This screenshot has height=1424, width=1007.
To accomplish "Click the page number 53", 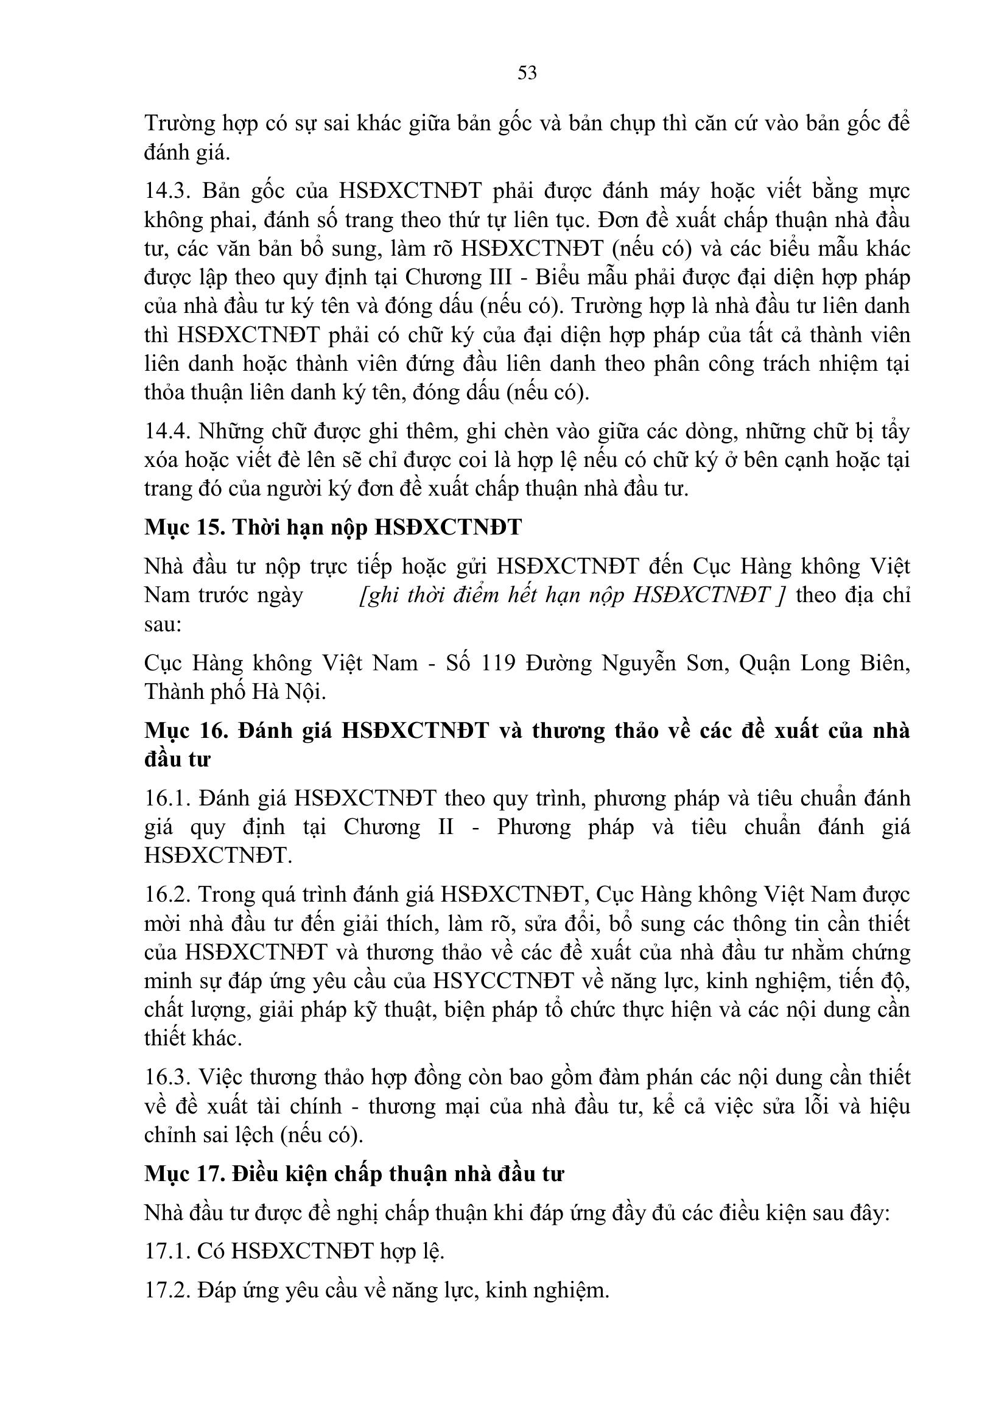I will [x=527, y=73].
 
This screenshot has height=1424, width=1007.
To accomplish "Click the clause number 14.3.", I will [x=166, y=191].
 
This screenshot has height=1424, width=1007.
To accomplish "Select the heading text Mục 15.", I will [x=183, y=528].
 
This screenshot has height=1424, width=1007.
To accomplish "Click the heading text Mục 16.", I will [x=183, y=731].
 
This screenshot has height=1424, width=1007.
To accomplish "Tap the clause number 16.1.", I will [x=166, y=798].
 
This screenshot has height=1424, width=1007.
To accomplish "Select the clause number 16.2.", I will [x=166, y=895].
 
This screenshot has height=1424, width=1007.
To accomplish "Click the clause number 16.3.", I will [x=166, y=1078].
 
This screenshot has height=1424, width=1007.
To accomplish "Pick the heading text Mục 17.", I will [x=183, y=1174].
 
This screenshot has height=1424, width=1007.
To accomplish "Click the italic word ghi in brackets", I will [x=381, y=595].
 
